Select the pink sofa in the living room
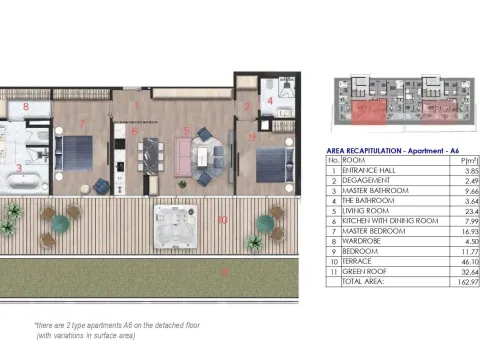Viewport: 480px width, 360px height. [184, 156]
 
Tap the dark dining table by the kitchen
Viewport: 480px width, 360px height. [150, 156]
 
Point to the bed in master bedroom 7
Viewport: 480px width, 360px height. [74, 153]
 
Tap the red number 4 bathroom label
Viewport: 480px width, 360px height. [268, 101]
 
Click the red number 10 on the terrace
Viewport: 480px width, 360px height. [222, 219]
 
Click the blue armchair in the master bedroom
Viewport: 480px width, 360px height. [102, 184]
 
